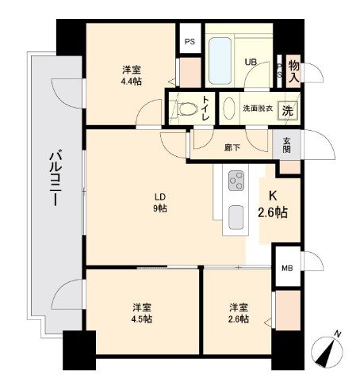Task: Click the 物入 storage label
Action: pos(293,71)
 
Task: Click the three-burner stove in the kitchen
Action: pos(236,181)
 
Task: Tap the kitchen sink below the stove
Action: pos(236,215)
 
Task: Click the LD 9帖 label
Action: pos(159,203)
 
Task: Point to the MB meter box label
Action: pos(286,267)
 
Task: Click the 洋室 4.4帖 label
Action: pos(132,74)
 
